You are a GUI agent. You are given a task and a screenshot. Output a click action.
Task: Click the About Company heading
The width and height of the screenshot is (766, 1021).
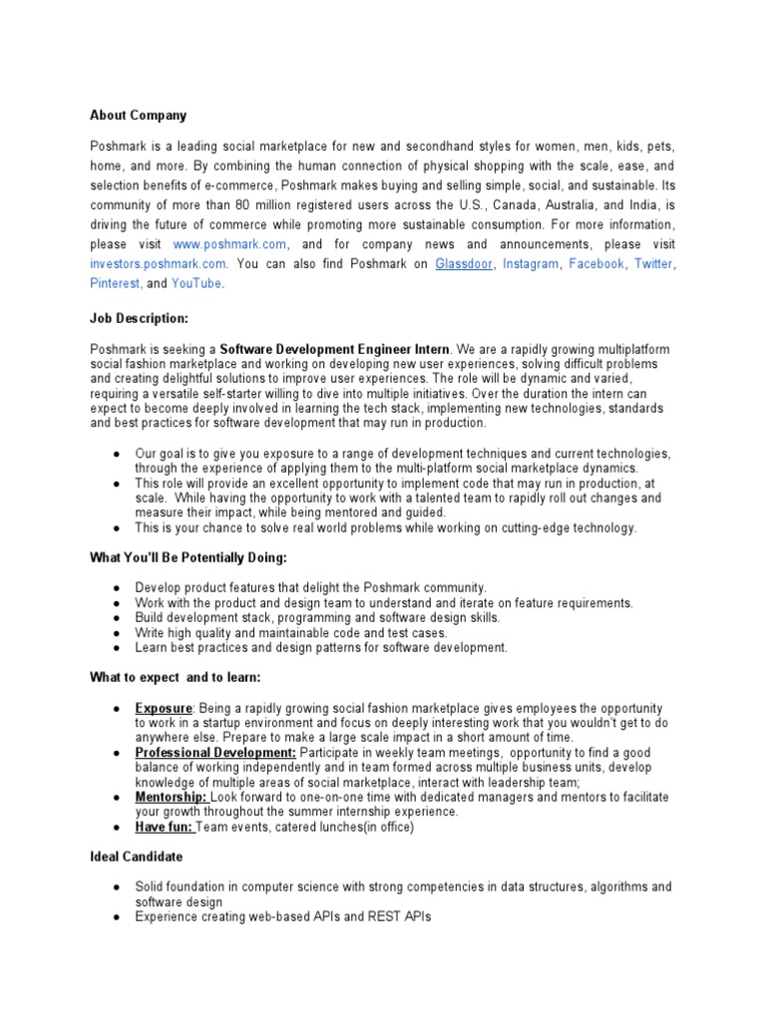[x=138, y=116]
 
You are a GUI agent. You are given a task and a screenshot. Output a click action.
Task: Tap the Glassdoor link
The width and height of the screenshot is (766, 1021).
[x=464, y=264]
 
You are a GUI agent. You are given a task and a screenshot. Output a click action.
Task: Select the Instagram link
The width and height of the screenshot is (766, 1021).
[x=531, y=264]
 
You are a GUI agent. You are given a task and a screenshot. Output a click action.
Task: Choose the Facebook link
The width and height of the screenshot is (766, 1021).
[x=596, y=264]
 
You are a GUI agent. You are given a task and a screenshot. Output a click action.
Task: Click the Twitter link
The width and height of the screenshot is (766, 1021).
[x=653, y=264]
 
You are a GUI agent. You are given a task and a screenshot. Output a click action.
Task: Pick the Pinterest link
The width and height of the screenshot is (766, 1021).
[x=116, y=283]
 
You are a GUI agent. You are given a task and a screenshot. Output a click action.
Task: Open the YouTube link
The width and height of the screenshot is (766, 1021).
[x=196, y=283]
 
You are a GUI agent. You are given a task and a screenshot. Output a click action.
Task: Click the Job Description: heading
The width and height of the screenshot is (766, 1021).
[x=139, y=318]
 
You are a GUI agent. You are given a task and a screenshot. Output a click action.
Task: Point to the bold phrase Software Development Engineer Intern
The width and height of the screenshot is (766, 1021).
[x=335, y=349]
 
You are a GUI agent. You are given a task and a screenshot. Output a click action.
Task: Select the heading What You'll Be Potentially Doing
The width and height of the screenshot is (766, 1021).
[x=188, y=557]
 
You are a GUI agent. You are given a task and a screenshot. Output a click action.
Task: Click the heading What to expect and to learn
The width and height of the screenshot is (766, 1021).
[x=176, y=678]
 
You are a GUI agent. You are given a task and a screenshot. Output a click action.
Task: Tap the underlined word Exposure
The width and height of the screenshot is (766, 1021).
[x=163, y=709]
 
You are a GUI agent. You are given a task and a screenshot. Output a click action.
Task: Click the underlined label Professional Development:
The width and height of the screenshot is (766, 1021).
[x=215, y=752]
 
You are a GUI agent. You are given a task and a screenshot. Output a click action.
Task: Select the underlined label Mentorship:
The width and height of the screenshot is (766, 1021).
[x=172, y=797]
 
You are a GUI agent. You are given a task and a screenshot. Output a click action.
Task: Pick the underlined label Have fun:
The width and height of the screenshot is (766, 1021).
[x=165, y=827]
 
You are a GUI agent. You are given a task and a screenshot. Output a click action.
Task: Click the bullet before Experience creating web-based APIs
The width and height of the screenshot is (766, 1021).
[x=117, y=916]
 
